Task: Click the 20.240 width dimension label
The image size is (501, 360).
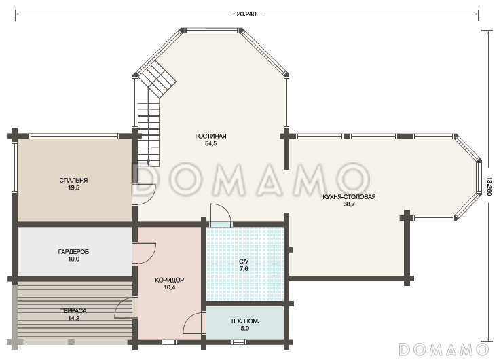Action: [x=246, y=14]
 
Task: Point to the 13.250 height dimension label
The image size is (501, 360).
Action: [x=489, y=186]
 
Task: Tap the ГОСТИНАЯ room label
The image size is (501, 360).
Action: [x=210, y=137]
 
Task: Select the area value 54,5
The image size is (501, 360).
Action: [x=210, y=143]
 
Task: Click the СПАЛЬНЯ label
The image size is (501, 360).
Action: [x=73, y=181]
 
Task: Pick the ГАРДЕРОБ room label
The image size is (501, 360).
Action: [x=73, y=252]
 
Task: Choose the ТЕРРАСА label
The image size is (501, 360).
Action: [x=73, y=311]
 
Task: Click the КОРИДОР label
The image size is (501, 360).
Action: [x=169, y=280]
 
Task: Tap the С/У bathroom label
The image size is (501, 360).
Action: [x=244, y=262]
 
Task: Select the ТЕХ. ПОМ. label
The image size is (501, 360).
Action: [x=245, y=321]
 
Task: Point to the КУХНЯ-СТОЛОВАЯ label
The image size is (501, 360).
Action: [x=349, y=197]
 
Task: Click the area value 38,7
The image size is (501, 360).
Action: [x=349, y=204]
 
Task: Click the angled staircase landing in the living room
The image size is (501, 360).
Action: [x=159, y=80]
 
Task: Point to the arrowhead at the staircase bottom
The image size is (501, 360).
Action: [x=149, y=162]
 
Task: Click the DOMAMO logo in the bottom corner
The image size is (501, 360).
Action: [x=444, y=349]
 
